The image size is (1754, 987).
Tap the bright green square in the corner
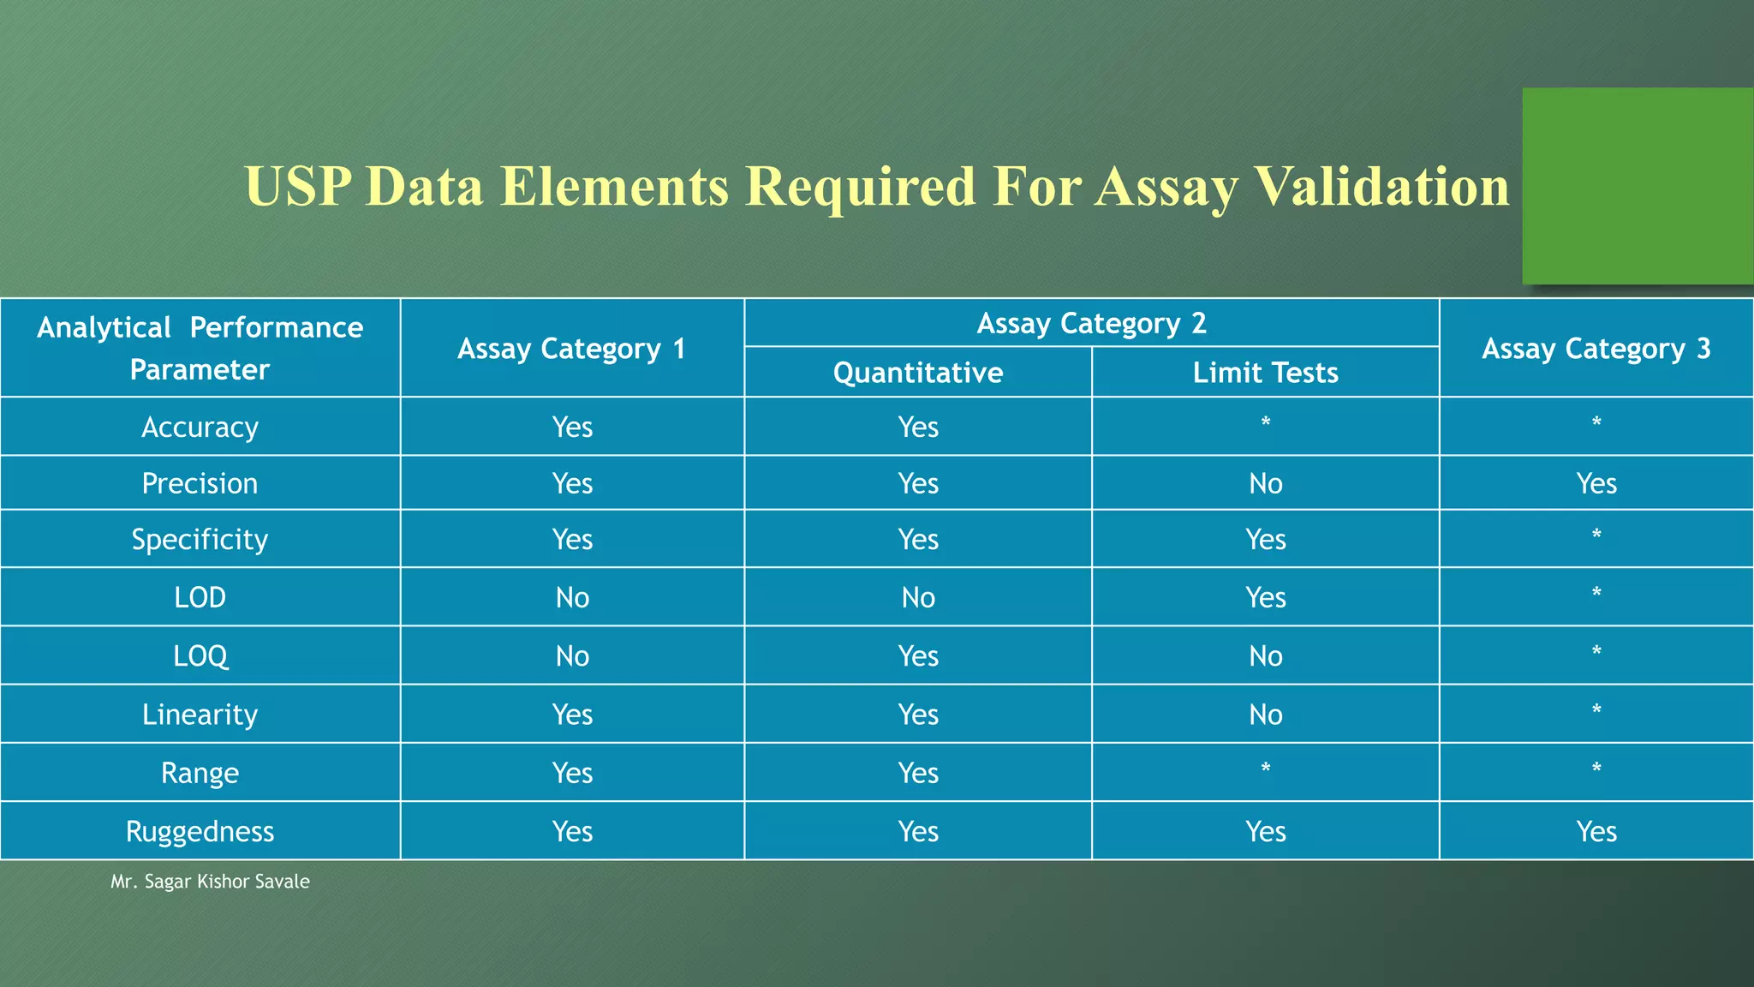[1637, 186]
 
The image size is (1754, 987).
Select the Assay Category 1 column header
[571, 349]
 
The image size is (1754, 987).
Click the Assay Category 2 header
[1091, 323]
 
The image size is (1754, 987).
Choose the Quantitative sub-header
[918, 373]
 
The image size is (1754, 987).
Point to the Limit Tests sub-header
[1265, 373]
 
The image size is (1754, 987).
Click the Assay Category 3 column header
[1596, 349]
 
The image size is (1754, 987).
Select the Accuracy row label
[200, 427]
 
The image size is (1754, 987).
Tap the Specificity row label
[200, 539]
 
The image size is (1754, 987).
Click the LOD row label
[200, 597]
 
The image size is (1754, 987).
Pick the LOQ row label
[200, 655]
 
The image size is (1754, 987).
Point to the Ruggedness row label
[200, 831]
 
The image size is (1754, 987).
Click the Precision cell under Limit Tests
[1265, 483]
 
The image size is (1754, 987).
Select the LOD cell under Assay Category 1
[572, 597]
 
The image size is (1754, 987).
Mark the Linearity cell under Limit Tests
[1265, 715]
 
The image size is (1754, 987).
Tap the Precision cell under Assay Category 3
[1596, 483]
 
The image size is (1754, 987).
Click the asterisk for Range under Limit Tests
[1265, 769]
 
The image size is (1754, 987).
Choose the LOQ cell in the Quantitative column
[918, 655]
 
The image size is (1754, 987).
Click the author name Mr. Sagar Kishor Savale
[210, 882]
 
